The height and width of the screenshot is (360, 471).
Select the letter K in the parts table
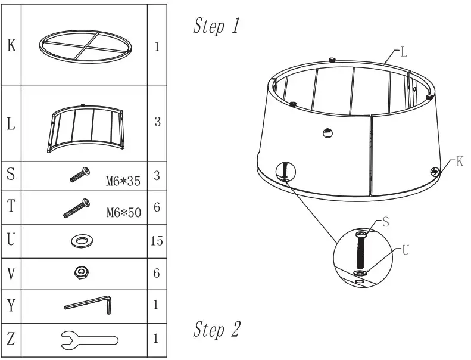click(x=11, y=46)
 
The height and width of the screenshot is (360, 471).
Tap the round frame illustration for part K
click(x=83, y=45)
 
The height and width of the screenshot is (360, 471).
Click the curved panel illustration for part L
click(x=85, y=124)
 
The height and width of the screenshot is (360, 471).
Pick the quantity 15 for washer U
click(x=156, y=241)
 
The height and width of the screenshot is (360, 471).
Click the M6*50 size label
click(x=122, y=213)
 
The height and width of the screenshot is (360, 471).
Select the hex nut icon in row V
click(x=81, y=273)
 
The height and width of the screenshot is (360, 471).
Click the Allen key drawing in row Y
click(x=89, y=305)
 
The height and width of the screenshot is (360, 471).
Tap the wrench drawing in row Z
click(x=89, y=340)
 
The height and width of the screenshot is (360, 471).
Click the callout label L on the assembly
click(x=404, y=52)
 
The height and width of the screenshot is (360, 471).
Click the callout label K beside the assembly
click(x=459, y=162)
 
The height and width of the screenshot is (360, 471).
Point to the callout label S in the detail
click(x=385, y=222)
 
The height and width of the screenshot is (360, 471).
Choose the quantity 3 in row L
click(x=157, y=122)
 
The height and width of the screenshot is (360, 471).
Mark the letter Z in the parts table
click(x=11, y=339)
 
